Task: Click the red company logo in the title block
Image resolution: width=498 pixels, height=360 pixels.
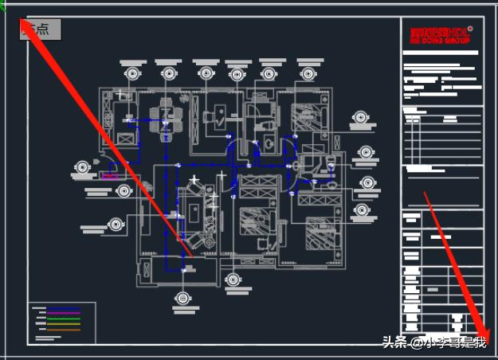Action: pos(438,34)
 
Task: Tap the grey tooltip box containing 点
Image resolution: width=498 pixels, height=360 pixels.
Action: pos(40,29)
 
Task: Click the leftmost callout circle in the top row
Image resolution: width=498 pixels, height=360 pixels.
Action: pos(132,73)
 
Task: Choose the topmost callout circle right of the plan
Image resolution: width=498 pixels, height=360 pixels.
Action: pos(359,118)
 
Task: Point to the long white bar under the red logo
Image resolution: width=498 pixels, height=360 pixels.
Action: pos(441,53)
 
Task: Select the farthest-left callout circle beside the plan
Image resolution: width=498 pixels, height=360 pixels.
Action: pos(82,168)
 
